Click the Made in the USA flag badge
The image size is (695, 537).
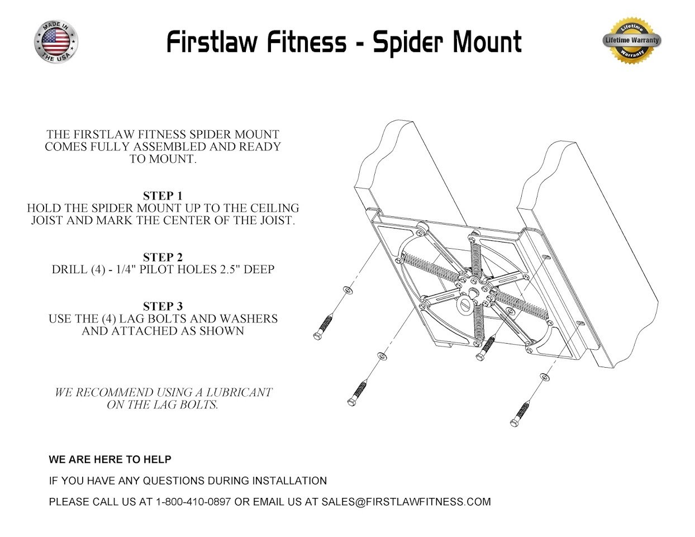(x=56, y=41)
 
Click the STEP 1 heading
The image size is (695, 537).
(x=163, y=196)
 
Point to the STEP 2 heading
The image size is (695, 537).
(x=163, y=257)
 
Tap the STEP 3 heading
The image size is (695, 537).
(x=163, y=306)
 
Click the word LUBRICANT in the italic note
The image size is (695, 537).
(x=235, y=392)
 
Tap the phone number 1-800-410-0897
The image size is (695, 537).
(x=193, y=502)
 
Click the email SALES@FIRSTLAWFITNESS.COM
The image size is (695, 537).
(x=406, y=502)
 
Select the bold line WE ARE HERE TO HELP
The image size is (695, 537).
(x=110, y=459)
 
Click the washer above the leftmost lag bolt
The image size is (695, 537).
(x=347, y=290)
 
